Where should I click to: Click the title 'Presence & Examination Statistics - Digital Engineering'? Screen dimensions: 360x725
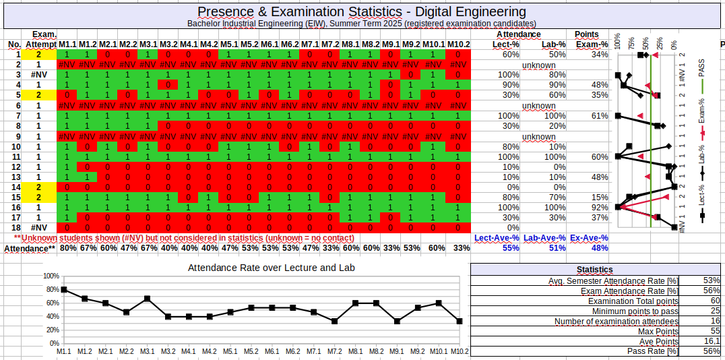click(362, 11)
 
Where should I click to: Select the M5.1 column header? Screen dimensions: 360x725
click(229, 44)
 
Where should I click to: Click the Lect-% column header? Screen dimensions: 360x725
click(505, 44)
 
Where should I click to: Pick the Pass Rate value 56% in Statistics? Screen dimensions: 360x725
click(712, 351)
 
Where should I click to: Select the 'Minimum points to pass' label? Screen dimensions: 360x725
click(635, 311)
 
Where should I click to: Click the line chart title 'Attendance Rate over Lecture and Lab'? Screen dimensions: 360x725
click(271, 268)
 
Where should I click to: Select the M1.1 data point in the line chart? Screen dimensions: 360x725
click(64, 290)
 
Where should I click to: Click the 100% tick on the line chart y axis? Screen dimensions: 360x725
click(51, 276)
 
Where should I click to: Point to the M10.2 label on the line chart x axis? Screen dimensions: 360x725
click(460, 351)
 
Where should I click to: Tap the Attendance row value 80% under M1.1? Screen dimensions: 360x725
click(67, 247)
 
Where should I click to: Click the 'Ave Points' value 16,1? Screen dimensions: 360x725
click(713, 341)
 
